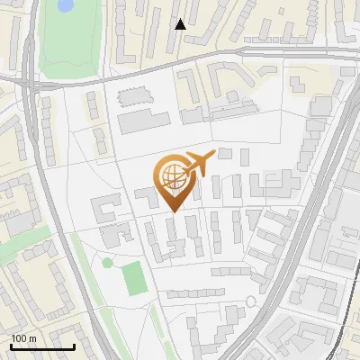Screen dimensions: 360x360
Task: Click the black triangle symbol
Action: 180,24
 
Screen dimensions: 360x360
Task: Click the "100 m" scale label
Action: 24,338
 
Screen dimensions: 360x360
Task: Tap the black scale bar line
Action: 42,346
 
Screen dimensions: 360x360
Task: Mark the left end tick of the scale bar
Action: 11,345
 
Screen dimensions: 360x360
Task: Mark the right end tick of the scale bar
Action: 74,345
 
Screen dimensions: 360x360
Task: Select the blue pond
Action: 65,5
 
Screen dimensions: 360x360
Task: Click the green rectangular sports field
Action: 134,278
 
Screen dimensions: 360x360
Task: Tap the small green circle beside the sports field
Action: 108,263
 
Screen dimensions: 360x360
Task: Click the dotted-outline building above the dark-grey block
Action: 132,94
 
